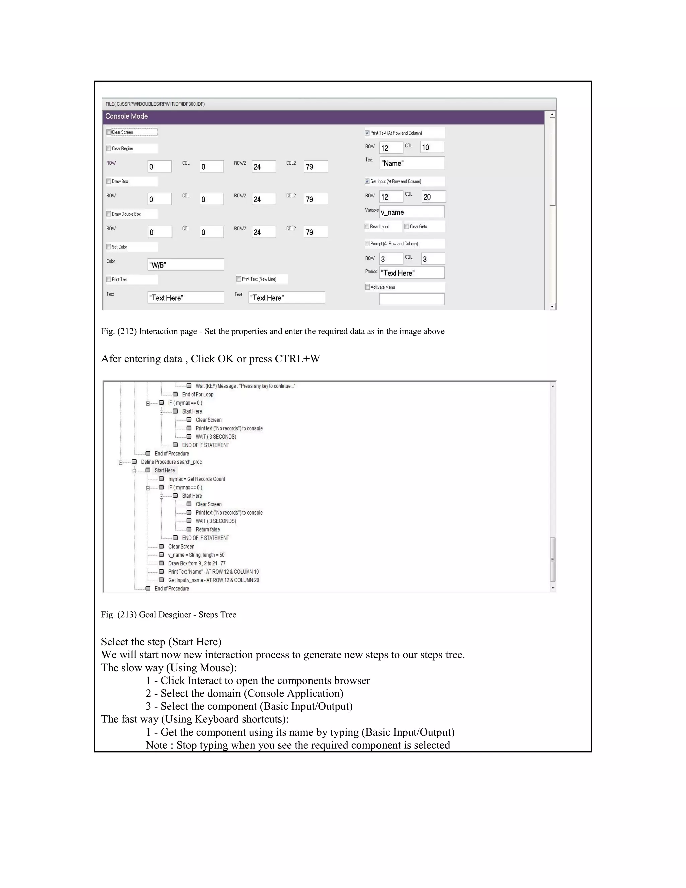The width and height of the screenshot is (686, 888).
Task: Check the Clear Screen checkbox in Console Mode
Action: [109, 132]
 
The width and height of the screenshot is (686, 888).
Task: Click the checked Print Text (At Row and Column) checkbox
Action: [367, 133]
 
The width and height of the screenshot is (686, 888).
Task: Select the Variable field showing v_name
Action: [412, 212]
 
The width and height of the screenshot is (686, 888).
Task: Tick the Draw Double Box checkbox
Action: [109, 214]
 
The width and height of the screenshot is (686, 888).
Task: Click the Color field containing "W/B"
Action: [186, 265]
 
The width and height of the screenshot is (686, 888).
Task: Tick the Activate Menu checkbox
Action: [368, 287]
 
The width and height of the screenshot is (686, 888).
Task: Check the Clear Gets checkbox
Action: [407, 226]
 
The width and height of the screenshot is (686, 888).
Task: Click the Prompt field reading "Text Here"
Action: [412, 273]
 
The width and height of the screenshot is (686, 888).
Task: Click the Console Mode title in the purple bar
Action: [126, 116]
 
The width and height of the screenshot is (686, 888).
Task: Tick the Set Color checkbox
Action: [109, 246]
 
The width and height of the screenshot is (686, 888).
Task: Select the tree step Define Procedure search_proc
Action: [171, 462]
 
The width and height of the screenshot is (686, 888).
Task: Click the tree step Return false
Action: [207, 529]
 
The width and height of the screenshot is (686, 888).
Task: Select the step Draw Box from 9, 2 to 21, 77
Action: [197, 563]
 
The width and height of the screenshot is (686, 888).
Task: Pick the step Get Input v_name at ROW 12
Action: [213, 580]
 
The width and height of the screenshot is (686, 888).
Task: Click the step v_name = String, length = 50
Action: [196, 555]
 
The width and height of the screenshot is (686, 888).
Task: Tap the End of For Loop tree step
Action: [198, 394]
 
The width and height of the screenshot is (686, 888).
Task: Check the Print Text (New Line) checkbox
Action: [238, 279]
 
